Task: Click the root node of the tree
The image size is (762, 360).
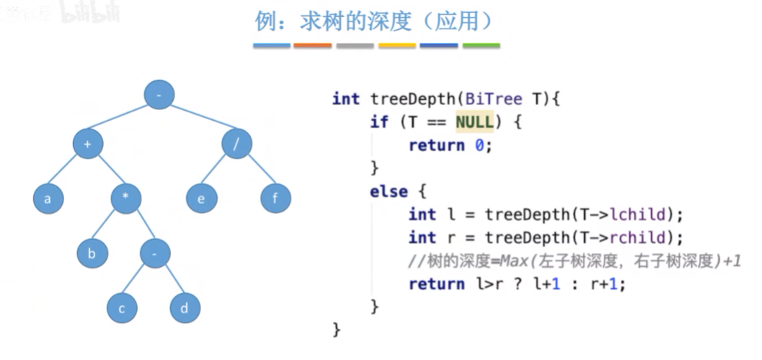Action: coord(159,95)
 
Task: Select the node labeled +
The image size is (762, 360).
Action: coord(88,144)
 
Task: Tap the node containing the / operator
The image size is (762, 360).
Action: coord(237,144)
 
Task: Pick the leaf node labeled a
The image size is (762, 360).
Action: coord(48,199)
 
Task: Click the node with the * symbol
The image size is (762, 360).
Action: coord(125,198)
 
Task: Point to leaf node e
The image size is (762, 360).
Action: coord(201,198)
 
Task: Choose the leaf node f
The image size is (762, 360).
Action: coord(275,198)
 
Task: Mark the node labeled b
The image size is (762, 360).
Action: coord(92,253)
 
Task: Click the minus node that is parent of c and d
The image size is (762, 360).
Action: coord(155,253)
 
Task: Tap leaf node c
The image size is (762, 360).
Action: coord(121,308)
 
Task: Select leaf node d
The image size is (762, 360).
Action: coord(185,308)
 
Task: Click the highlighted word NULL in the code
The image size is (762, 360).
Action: coord(474,122)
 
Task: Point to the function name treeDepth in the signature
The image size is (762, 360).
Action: coord(408,98)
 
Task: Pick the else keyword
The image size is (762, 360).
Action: coord(388,192)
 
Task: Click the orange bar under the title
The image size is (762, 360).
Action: coord(313,46)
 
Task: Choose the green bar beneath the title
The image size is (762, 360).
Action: coord(481,46)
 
